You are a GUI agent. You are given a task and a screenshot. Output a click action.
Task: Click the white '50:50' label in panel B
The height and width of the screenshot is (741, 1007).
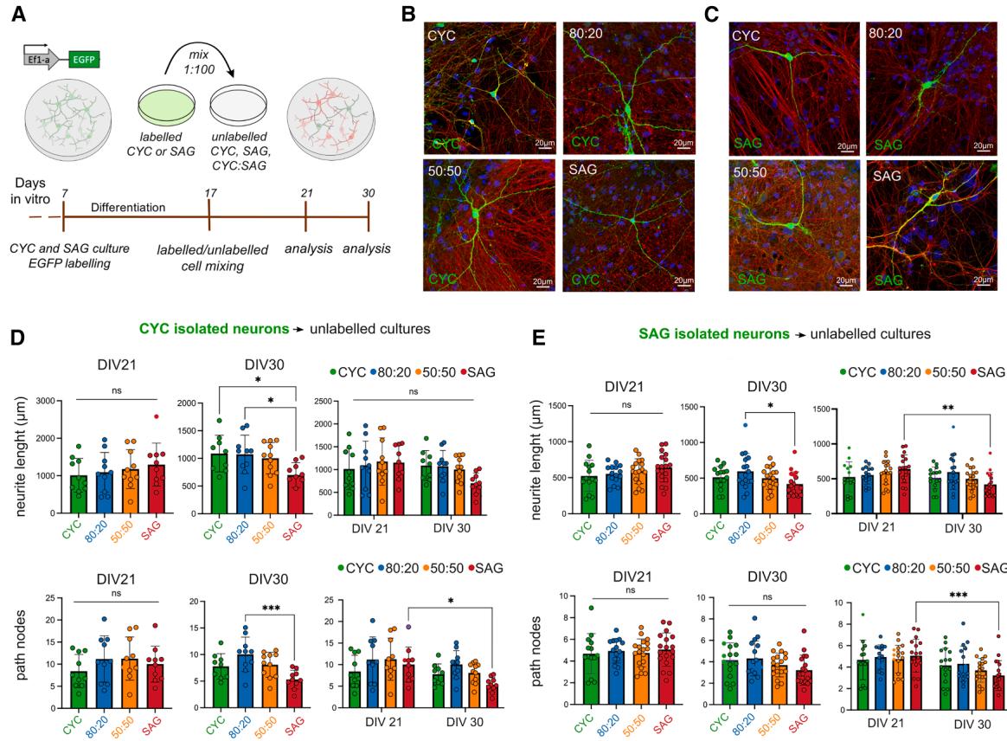click(x=445, y=173)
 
